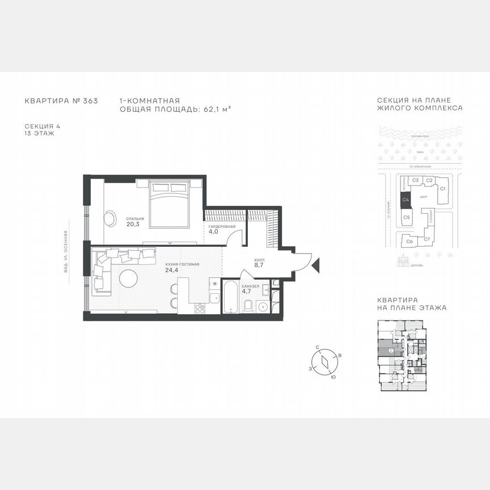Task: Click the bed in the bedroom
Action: click(x=168, y=203)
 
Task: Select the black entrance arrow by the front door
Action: click(x=316, y=264)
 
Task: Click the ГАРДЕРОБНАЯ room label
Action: click(x=221, y=226)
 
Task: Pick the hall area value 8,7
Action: click(x=260, y=265)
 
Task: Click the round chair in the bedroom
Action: click(x=109, y=217)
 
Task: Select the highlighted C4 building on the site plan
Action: click(x=405, y=199)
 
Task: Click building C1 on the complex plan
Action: click(x=443, y=189)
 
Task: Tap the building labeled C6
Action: click(x=409, y=240)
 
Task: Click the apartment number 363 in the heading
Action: click(x=90, y=101)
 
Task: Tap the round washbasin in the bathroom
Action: click(x=263, y=307)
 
